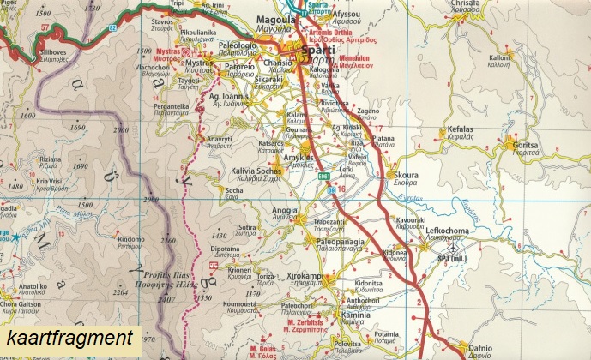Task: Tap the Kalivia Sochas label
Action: [x=257, y=171]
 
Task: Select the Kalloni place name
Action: [x=500, y=58]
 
